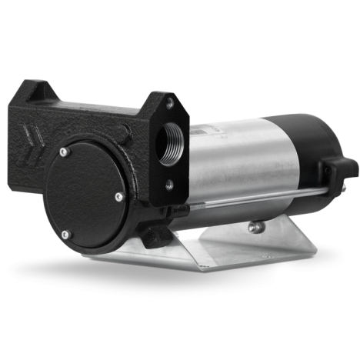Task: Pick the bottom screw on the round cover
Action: click(66, 234)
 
